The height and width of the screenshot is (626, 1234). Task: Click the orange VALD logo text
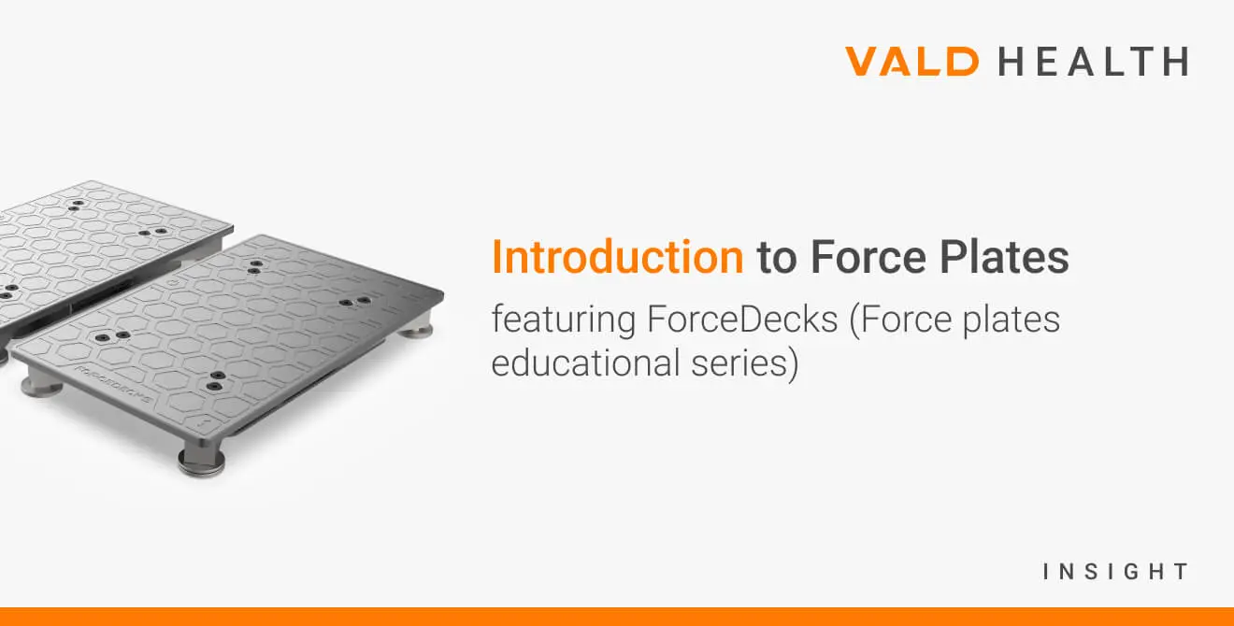click(911, 61)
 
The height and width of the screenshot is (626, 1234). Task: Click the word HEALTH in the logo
click(1094, 61)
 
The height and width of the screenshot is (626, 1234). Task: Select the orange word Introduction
click(618, 257)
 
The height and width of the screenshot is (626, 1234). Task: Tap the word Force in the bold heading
click(868, 257)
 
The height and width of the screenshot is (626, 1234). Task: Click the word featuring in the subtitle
click(564, 320)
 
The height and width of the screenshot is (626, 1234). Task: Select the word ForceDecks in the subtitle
click(742, 319)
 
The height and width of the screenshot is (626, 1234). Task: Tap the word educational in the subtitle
click(585, 363)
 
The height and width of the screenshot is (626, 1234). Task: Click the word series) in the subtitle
click(745, 364)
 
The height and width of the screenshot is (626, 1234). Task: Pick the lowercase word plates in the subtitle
click(1011, 320)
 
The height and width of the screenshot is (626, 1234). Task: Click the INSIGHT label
click(1115, 572)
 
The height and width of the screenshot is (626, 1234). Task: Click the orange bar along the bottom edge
click(617, 617)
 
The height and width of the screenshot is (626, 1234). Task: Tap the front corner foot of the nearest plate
click(202, 462)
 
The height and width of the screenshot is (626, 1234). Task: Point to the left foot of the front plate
click(42, 385)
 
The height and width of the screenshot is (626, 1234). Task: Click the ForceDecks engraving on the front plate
click(114, 383)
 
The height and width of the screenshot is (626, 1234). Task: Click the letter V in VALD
click(866, 61)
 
